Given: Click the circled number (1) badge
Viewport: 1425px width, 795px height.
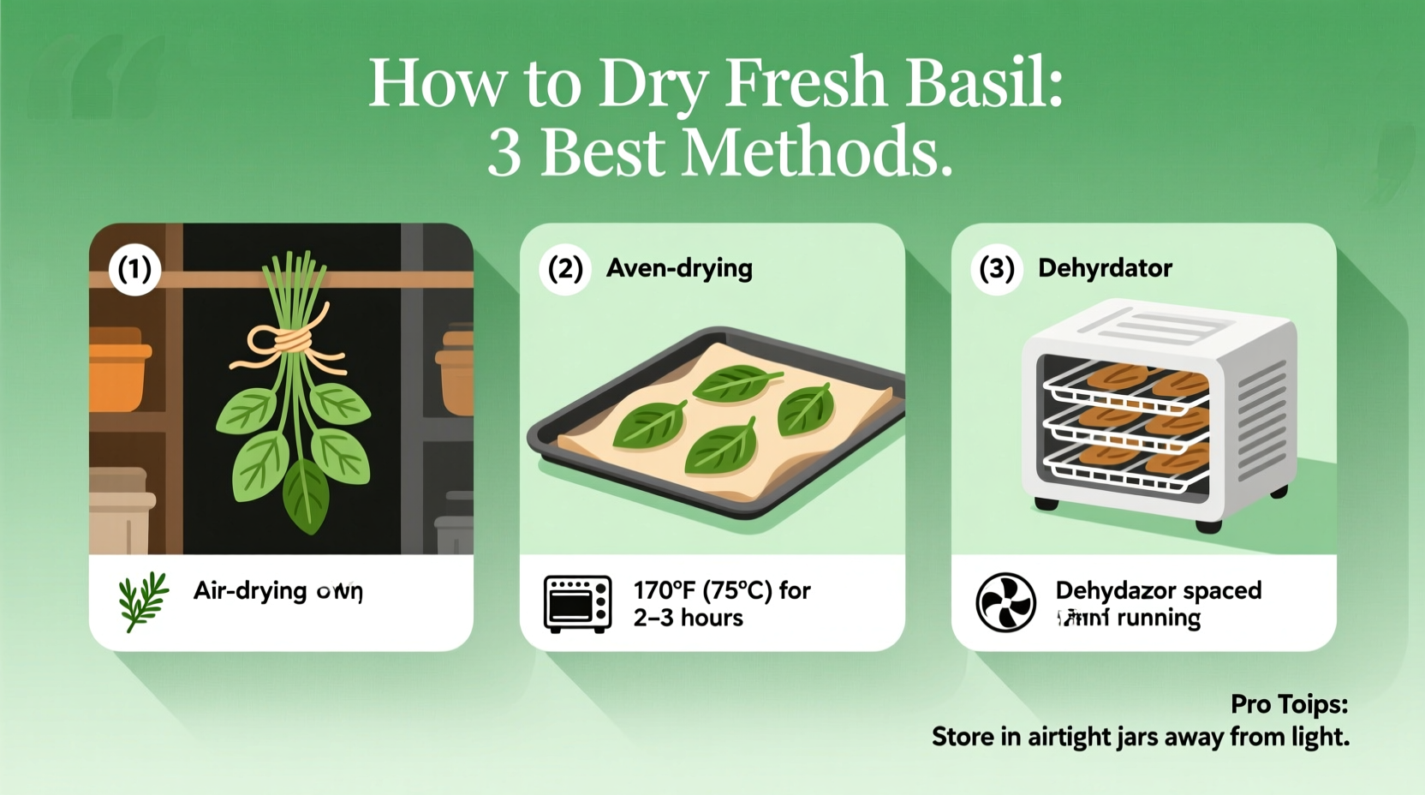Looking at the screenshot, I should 134,269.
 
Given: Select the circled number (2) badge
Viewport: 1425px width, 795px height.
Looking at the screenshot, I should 565,268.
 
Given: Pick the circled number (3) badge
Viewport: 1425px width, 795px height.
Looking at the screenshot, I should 997,268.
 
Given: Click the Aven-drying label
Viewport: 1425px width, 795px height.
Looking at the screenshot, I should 679,268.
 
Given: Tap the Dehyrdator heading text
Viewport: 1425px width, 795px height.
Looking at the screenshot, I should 1105,268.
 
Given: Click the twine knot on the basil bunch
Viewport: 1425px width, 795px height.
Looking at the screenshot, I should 290,341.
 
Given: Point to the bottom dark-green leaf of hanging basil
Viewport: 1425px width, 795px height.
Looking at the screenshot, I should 305,494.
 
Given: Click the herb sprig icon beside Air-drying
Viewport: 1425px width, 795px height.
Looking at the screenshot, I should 143,601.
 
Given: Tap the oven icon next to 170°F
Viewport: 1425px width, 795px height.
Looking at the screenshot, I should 578,603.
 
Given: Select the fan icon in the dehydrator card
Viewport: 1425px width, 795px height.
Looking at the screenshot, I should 1005,602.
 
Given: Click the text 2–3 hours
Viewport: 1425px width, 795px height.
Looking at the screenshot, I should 689,618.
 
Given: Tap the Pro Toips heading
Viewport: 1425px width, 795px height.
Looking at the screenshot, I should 1289,704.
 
